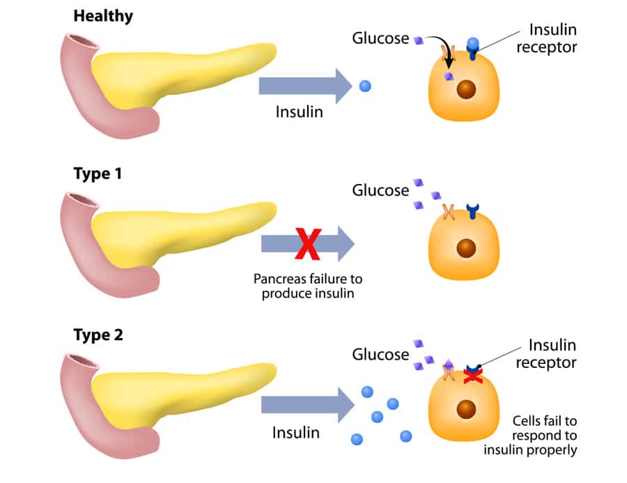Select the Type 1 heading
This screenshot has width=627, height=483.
coord(98,174)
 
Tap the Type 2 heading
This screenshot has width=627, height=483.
coord(98,335)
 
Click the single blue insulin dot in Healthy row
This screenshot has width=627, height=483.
coord(364,86)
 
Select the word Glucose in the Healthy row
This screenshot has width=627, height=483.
coord(379,39)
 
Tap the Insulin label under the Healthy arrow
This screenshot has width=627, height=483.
coord(300,112)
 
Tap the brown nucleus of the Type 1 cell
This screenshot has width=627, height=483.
coord(466,247)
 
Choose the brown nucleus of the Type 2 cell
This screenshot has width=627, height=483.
coord(466,411)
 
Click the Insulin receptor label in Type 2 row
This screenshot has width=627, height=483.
coord(552,353)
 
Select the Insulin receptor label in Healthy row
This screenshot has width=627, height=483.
coord(552,39)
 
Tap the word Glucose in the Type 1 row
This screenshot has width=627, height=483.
coord(380,190)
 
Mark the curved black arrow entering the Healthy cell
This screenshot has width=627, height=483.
coord(442,52)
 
